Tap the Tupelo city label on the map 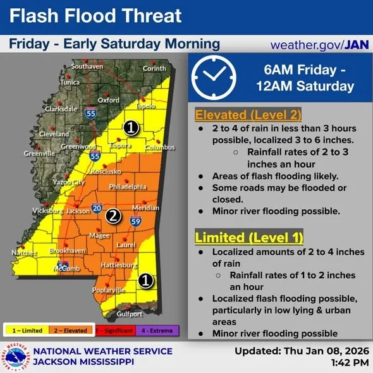[146, 106]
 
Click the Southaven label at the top [87, 66]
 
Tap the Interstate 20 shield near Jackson [97, 207]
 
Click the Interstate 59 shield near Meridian [135, 221]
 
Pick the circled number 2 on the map [113, 216]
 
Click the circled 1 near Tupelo [130, 128]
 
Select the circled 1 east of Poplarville [145, 280]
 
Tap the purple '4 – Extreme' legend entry [157, 330]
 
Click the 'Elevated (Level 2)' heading [248, 115]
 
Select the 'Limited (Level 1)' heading [248, 238]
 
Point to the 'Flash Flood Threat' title [95, 16]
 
